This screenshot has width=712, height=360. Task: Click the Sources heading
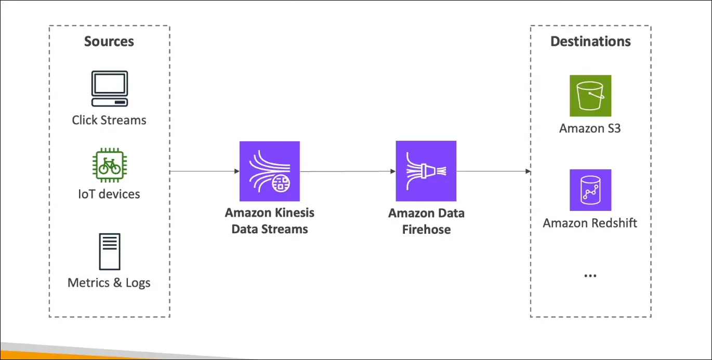tap(109, 42)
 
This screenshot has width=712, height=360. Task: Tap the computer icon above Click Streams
tap(109, 89)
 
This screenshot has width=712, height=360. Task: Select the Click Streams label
tap(109, 120)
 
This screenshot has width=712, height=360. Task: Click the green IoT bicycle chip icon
tap(109, 165)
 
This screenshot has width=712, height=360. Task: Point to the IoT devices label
tap(109, 194)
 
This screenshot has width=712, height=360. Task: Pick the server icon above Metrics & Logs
tap(109, 252)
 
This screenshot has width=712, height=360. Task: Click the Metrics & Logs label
tap(109, 283)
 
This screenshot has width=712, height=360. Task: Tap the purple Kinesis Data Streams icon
tap(269, 171)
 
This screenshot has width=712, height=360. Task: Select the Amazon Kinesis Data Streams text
tap(269, 221)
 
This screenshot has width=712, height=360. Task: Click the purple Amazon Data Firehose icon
tap(426, 171)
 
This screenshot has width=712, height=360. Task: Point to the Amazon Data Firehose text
tap(426, 221)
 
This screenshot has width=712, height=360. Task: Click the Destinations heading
tap(590, 42)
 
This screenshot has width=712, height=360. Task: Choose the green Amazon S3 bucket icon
tap(590, 96)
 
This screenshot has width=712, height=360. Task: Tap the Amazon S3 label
tap(590, 128)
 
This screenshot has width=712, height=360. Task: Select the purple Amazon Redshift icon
tap(590, 190)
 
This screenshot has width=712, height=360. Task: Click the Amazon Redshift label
tap(590, 223)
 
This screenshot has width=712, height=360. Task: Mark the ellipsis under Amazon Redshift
tap(590, 276)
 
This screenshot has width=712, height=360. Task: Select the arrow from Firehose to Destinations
tap(493, 171)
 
